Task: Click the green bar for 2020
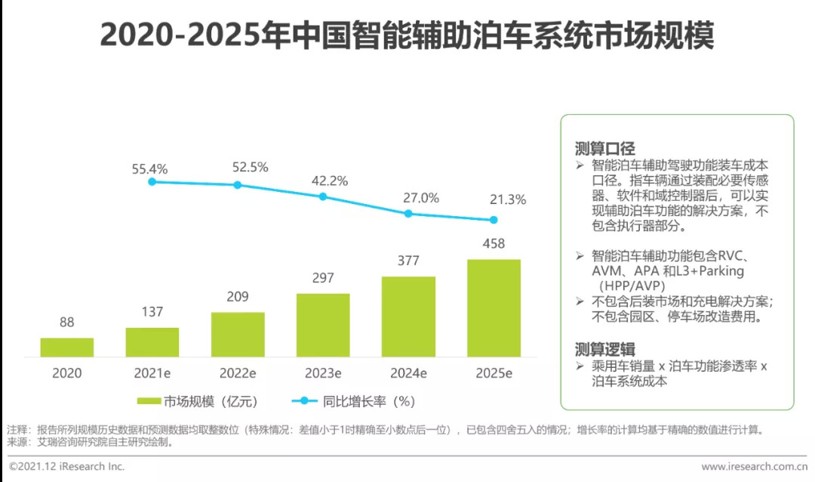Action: [x=67, y=347]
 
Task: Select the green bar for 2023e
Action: [x=323, y=325]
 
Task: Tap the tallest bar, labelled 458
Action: [x=494, y=307]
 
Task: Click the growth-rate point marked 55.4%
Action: [x=152, y=181]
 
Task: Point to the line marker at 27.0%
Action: [x=408, y=213]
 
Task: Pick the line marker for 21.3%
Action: [x=494, y=220]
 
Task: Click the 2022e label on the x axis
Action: [x=238, y=373]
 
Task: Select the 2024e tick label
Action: [x=408, y=373]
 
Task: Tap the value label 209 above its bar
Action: [x=238, y=297]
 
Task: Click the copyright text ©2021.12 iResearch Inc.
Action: [x=66, y=466]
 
